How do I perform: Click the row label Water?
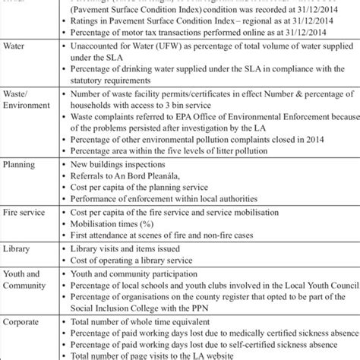(x=16, y=47)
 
